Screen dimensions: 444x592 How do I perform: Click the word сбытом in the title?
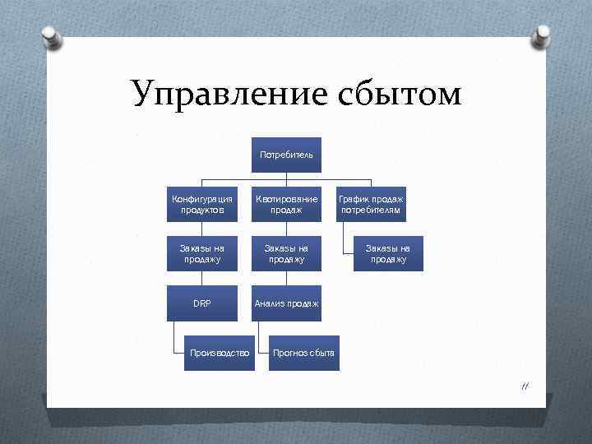[x=399, y=95]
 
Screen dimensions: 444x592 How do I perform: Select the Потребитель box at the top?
[x=286, y=155]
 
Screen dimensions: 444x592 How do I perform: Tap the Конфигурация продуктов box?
[x=202, y=204]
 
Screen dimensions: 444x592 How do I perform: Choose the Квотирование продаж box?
[x=286, y=204]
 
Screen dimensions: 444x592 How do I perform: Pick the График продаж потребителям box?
[x=371, y=204]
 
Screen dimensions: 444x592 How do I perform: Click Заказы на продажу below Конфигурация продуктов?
[x=202, y=254]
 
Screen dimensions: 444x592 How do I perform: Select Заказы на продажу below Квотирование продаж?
[x=286, y=254]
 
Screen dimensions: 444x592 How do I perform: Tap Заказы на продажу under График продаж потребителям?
[x=388, y=254]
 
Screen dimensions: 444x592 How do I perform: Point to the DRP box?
[x=202, y=303]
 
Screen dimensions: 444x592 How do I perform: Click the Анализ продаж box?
[x=286, y=303]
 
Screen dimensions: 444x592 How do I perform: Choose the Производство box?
[x=219, y=353]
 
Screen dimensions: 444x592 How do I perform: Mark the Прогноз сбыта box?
[x=304, y=353]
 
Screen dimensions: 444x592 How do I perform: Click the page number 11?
[x=523, y=387]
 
